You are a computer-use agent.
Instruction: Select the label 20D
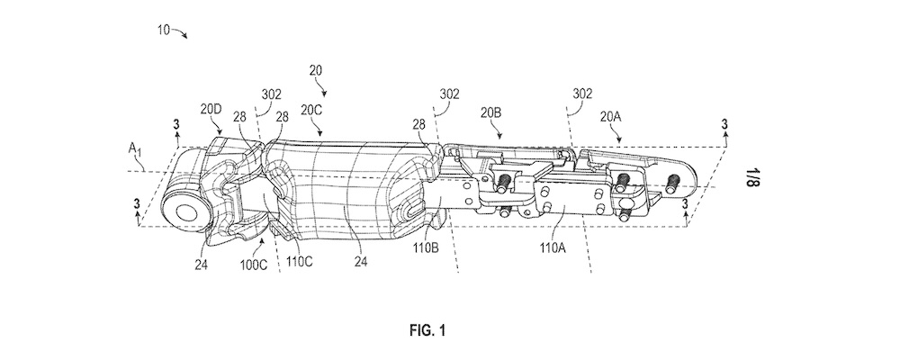211,109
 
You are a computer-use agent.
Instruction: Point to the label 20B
490,112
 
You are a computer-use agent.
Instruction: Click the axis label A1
134,148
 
